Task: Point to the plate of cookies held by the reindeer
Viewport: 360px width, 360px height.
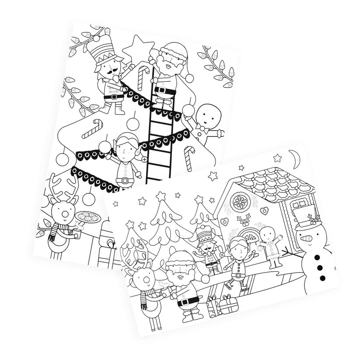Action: point(88,217)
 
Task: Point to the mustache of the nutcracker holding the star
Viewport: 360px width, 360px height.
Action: point(105,70)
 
